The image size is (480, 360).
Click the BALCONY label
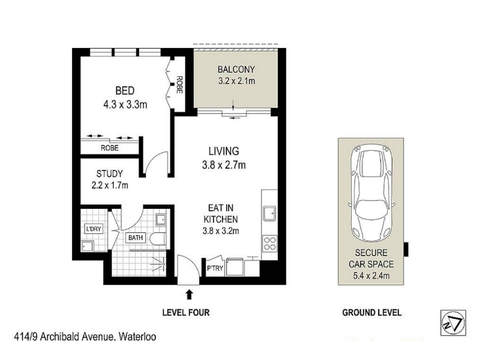236,70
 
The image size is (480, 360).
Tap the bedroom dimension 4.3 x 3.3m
125,104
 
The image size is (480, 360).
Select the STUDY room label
110,174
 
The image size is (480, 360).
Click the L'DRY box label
94,229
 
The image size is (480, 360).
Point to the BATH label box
136,238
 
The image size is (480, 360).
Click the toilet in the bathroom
158,239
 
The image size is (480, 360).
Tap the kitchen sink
269,214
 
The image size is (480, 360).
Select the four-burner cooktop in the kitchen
269,244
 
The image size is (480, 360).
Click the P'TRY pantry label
215,268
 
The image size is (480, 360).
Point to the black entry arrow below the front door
190,295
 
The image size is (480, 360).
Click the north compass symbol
453,323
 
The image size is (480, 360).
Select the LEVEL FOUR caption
186,313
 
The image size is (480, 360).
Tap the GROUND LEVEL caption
371,313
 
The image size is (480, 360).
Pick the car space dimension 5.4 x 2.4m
371,276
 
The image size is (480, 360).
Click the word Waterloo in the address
137,337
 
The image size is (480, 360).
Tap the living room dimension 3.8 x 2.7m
224,166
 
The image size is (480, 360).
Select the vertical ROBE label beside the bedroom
179,85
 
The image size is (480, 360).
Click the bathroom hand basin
161,220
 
